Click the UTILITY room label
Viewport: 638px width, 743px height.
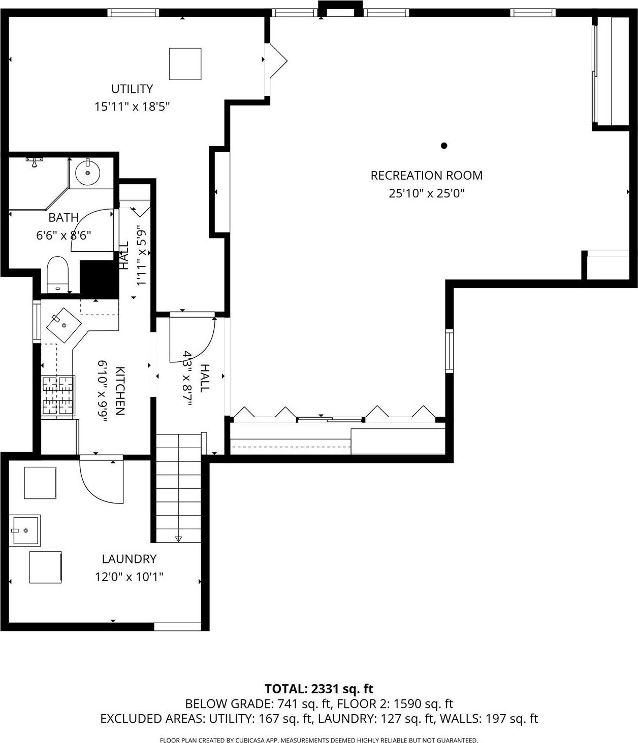(132, 89)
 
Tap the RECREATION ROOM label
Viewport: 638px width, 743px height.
(426, 176)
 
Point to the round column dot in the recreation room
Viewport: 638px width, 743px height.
(443, 146)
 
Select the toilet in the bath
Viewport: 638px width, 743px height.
(57, 274)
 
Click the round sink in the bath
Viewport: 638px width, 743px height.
(88, 173)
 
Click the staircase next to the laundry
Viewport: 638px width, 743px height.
(178, 487)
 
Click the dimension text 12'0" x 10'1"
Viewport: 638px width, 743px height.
(129, 577)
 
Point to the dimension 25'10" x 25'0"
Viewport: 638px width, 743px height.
(427, 193)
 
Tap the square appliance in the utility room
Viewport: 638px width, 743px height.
(185, 64)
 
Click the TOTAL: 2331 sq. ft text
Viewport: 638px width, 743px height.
(318, 689)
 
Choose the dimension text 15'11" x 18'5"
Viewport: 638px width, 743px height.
(132, 107)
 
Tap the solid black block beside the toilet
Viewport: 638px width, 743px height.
(99, 279)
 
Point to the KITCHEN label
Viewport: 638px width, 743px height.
(120, 391)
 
